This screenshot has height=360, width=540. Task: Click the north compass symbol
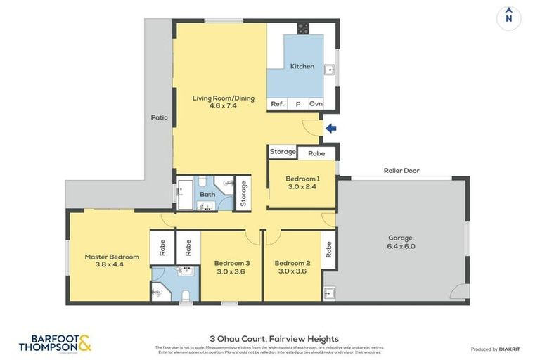[508, 18]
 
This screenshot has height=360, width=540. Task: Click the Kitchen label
[302, 66]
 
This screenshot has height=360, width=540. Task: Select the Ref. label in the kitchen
[277, 104]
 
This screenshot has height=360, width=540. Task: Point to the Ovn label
[316, 104]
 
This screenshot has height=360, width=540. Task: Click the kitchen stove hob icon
[302, 28]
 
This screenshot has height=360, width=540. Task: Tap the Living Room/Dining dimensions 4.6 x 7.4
[224, 106]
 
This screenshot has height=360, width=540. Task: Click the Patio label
[160, 117]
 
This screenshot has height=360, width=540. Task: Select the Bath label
[207, 194]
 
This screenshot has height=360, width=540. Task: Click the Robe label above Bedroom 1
[316, 153]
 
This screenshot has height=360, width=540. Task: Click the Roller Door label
[401, 170]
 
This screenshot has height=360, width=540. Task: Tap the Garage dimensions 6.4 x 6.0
[401, 246]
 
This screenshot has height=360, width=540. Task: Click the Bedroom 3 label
[232, 263]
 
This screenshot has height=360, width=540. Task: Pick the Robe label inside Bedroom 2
[328, 250]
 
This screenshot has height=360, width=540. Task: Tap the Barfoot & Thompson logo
[55, 343]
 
